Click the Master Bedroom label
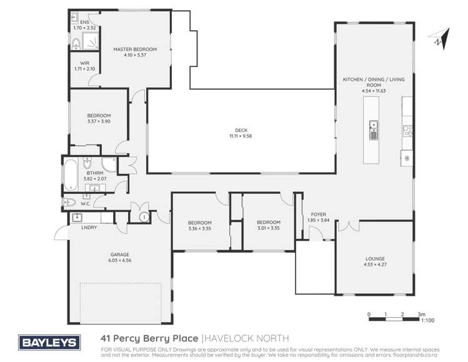tap(134, 49)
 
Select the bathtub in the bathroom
tap(71, 170)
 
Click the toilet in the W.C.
tap(71, 202)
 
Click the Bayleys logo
tap(49, 342)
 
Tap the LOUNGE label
tap(374, 258)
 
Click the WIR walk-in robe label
tap(79, 63)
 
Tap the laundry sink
tap(77, 218)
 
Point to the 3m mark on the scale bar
tap(421, 314)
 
